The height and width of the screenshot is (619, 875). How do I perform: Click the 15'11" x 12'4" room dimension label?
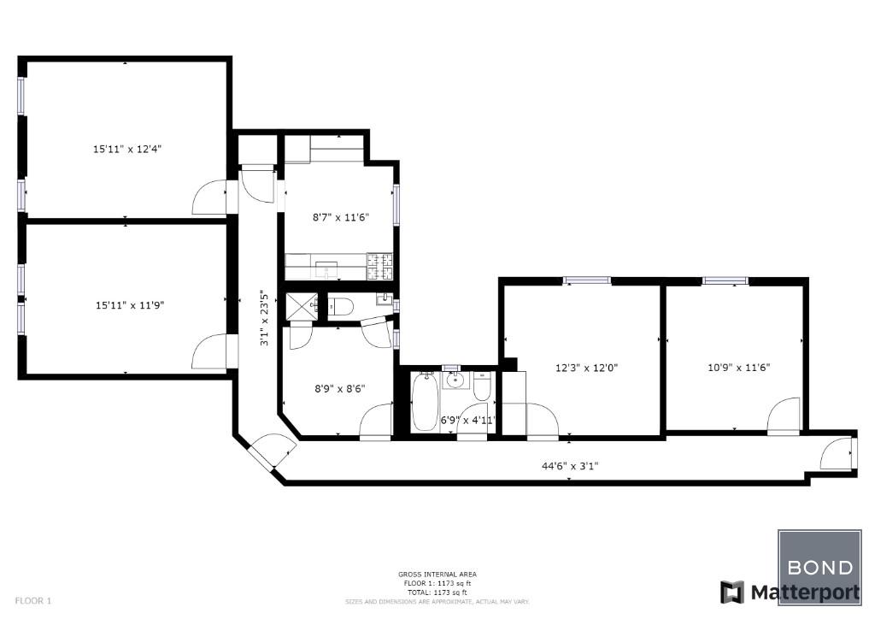point(127,149)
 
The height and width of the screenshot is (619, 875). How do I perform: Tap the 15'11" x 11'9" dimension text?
point(130,305)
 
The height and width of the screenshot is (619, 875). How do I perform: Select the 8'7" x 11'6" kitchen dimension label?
point(340,217)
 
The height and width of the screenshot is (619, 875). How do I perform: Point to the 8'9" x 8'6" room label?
point(340,388)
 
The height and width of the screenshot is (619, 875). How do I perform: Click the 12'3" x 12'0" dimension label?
point(586,368)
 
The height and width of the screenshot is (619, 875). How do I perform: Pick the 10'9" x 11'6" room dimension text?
point(739,368)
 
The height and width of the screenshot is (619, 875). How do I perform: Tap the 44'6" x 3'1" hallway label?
point(570,465)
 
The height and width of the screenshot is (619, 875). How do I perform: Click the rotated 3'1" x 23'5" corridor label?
point(265,317)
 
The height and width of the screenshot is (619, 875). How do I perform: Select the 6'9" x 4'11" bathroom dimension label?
point(467,420)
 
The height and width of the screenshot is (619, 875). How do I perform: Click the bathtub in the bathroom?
point(426,401)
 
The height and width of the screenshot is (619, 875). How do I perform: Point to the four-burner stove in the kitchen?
point(379,266)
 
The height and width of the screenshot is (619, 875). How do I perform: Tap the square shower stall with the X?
point(302,306)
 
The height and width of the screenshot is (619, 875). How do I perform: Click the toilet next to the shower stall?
point(341,306)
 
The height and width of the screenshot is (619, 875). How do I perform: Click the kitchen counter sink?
point(326,269)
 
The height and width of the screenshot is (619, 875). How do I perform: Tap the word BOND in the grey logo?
point(819,568)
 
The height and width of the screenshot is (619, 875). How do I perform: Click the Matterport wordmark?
point(805,592)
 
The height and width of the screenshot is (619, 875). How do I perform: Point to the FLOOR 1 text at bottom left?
point(33,600)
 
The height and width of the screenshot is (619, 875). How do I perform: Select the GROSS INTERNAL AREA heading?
point(437,574)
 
